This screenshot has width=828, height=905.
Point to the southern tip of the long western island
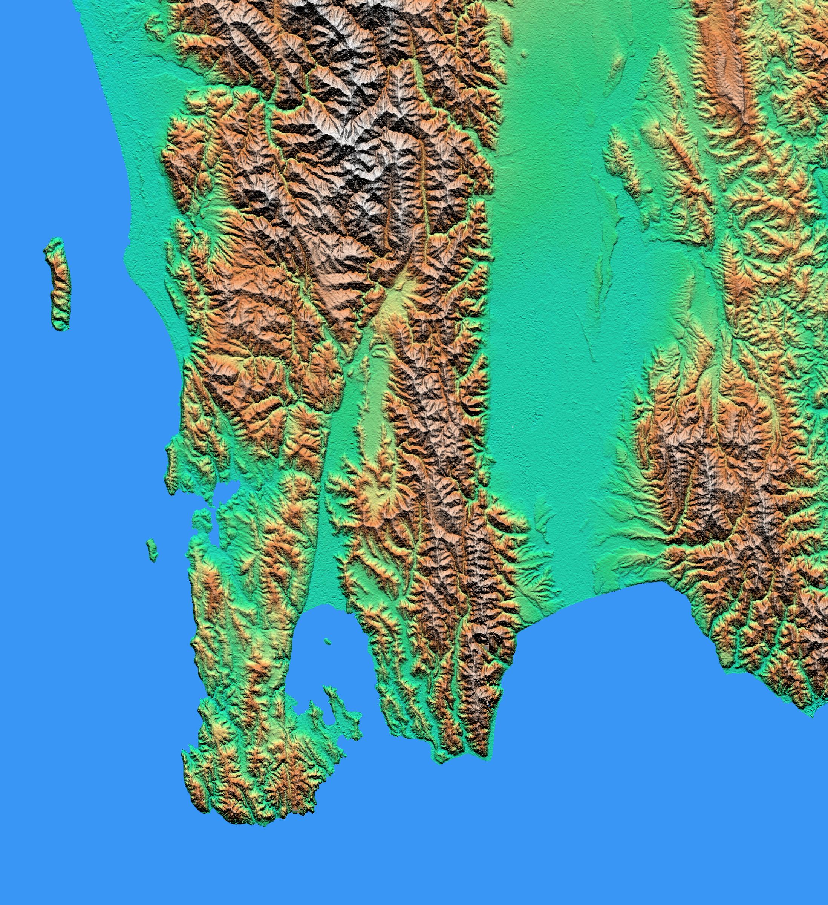(60, 328)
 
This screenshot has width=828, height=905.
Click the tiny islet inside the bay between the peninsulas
(328, 641)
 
